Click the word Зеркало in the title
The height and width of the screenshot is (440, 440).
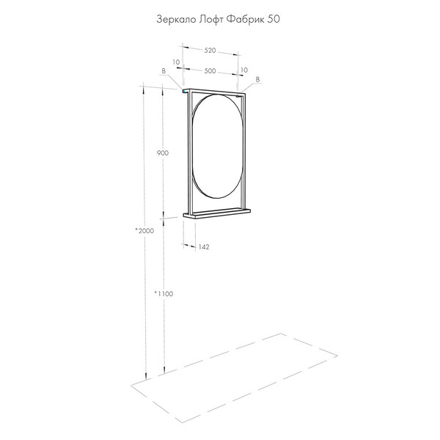click(x=176, y=19)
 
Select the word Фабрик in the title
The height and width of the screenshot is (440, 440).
click(x=245, y=19)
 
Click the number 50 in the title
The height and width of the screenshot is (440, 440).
click(x=274, y=19)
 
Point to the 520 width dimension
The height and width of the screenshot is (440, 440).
click(x=210, y=51)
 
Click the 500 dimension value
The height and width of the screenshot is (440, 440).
click(x=210, y=71)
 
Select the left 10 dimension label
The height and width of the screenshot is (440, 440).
click(x=176, y=62)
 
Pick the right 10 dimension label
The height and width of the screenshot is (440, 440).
click(x=244, y=70)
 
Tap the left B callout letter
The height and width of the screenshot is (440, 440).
click(x=164, y=71)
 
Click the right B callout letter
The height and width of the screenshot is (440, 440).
click(x=257, y=80)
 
